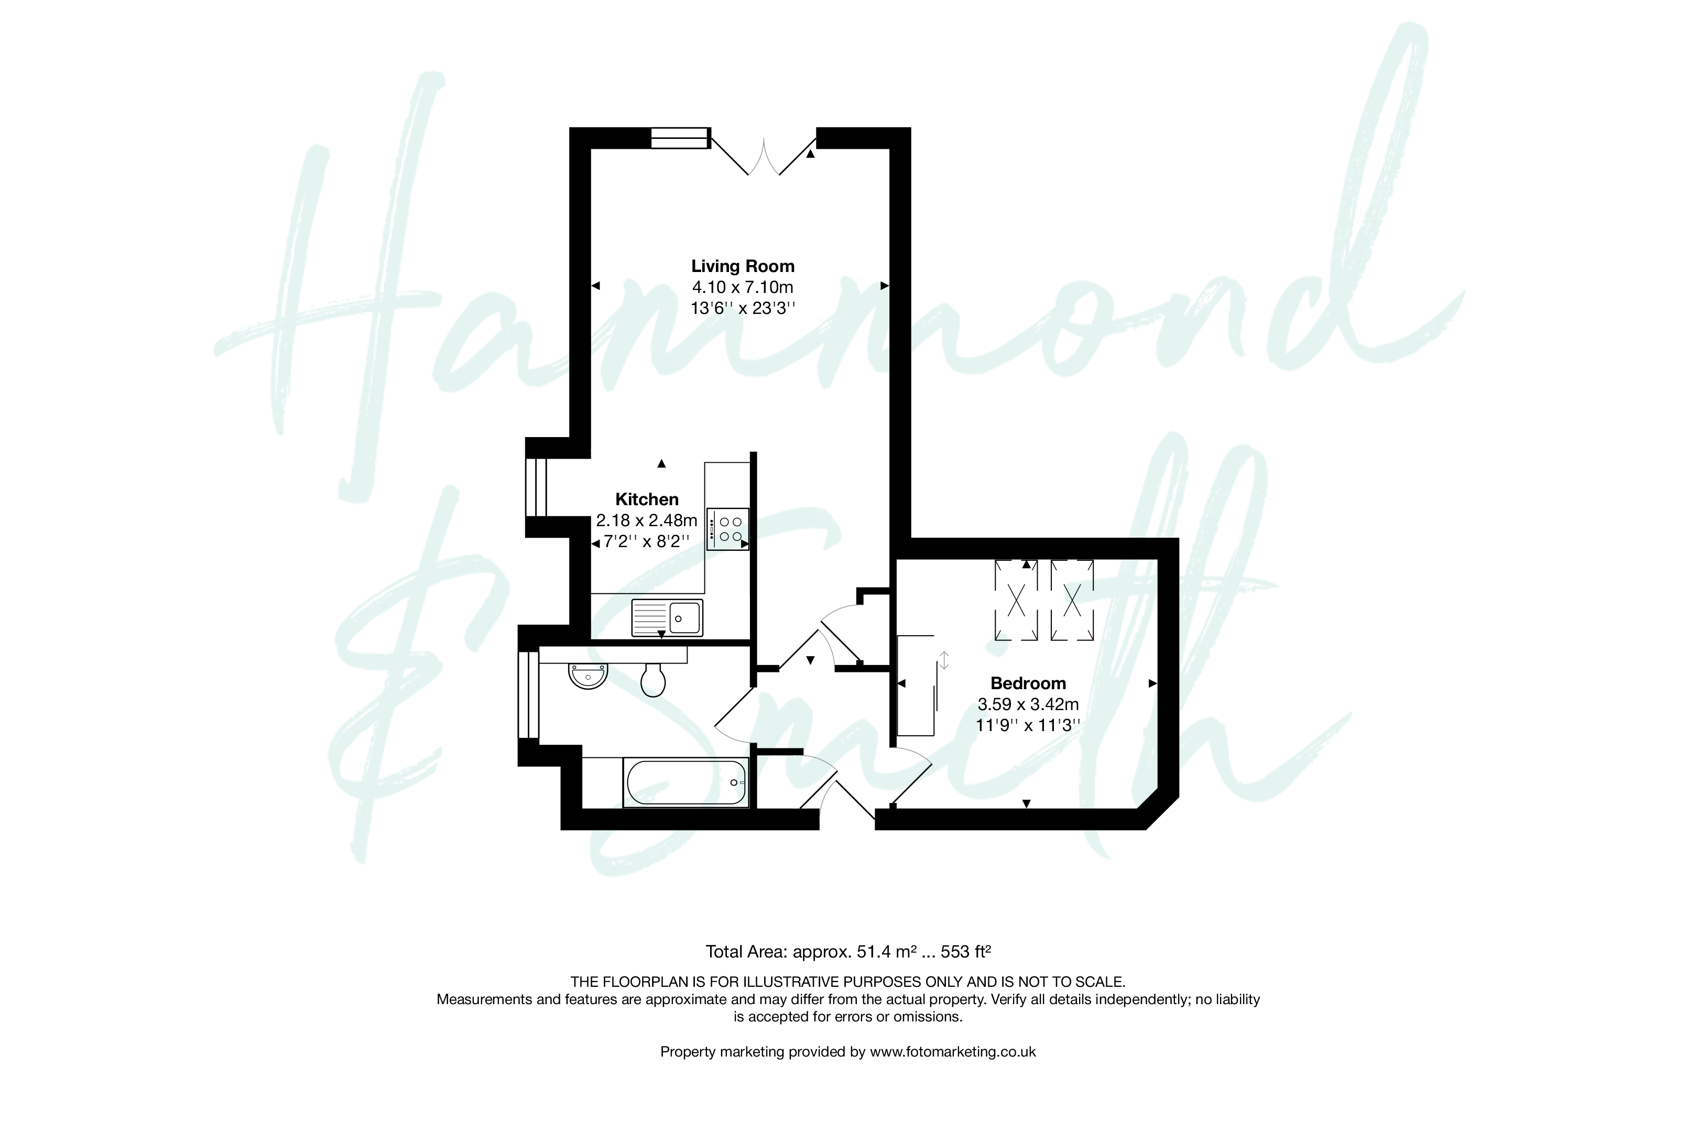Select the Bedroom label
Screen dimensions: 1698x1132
(x=1028, y=683)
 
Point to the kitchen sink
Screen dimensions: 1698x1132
(x=667, y=618)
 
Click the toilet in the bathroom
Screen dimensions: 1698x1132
(x=654, y=679)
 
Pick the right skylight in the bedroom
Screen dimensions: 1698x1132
(x=1072, y=600)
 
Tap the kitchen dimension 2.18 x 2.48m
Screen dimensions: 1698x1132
(x=647, y=520)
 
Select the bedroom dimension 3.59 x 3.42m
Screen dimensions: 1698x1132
(x=1028, y=704)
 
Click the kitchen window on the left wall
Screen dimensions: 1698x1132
(x=536, y=487)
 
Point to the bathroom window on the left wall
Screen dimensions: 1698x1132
(x=528, y=694)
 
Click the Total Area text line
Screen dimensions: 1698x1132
(x=848, y=952)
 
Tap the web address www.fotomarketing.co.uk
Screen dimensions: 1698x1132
(x=953, y=1052)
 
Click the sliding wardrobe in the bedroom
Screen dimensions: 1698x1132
(x=916, y=685)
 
